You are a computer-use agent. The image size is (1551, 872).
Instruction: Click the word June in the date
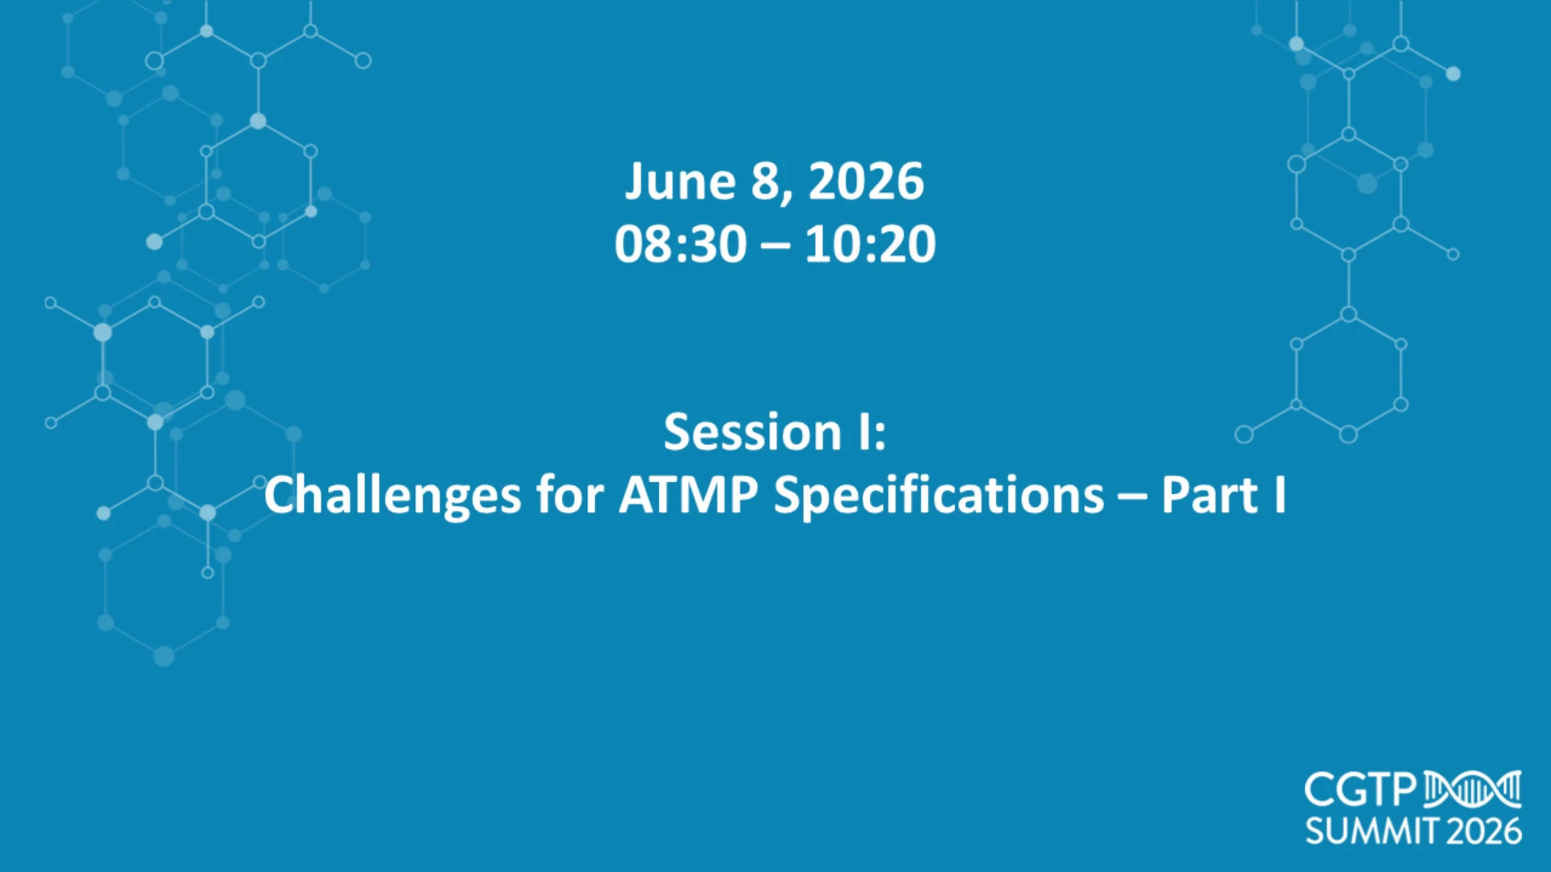[680, 182]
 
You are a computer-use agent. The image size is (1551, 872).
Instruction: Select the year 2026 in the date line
[866, 182]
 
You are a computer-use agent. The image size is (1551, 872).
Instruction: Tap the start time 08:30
[680, 244]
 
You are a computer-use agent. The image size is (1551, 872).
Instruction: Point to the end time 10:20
[870, 244]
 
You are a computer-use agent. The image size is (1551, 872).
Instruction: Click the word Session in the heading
[753, 432]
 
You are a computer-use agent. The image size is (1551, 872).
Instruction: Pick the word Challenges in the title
[393, 495]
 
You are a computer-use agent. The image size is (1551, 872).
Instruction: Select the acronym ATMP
[688, 495]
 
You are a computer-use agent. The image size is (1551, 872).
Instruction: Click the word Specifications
[939, 495]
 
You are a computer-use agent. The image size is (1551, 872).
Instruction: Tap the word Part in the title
[1209, 495]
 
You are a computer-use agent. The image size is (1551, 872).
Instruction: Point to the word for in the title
[570, 495]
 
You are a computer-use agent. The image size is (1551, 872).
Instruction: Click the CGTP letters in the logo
[1361, 790]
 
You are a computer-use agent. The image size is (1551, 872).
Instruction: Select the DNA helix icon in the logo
[1473, 790]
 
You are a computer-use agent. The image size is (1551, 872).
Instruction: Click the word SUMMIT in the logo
[1372, 832]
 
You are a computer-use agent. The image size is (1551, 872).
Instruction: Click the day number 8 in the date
[765, 182]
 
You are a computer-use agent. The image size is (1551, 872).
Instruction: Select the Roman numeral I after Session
[865, 432]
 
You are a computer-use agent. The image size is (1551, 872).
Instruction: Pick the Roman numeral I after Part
[1280, 495]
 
